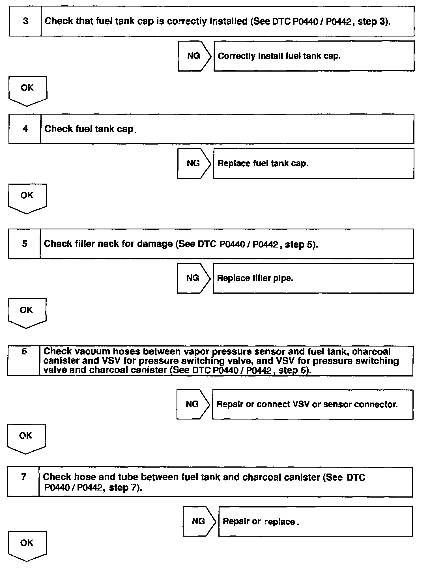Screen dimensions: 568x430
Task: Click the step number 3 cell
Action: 25,21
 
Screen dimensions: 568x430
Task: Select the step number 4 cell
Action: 25,129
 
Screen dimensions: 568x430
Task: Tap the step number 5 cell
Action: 24,244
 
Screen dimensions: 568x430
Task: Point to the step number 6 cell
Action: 24,361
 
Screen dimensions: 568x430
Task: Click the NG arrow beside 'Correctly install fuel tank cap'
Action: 194,56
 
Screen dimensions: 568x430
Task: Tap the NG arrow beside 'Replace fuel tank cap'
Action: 194,163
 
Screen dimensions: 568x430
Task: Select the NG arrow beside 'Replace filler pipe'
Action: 193,278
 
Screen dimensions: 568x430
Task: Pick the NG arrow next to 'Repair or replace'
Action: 199,521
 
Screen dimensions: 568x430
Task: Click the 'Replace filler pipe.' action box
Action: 313,278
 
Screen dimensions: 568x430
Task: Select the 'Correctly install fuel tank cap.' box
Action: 314,56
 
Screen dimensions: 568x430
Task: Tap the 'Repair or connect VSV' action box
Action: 312,405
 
